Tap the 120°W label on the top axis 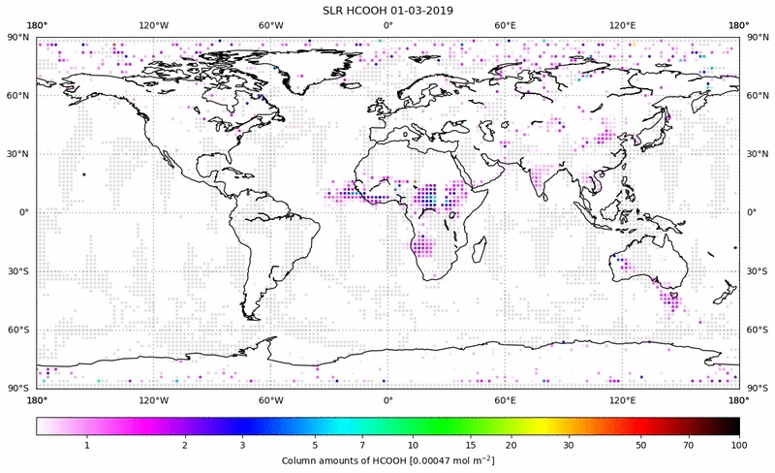[x=153, y=25]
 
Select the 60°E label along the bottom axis [x=505, y=399]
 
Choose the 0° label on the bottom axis [x=387, y=399]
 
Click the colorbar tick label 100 [x=739, y=443]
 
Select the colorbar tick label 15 [x=469, y=443]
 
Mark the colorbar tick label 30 [x=570, y=443]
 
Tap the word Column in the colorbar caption [x=301, y=459]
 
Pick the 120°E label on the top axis [x=622, y=25]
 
